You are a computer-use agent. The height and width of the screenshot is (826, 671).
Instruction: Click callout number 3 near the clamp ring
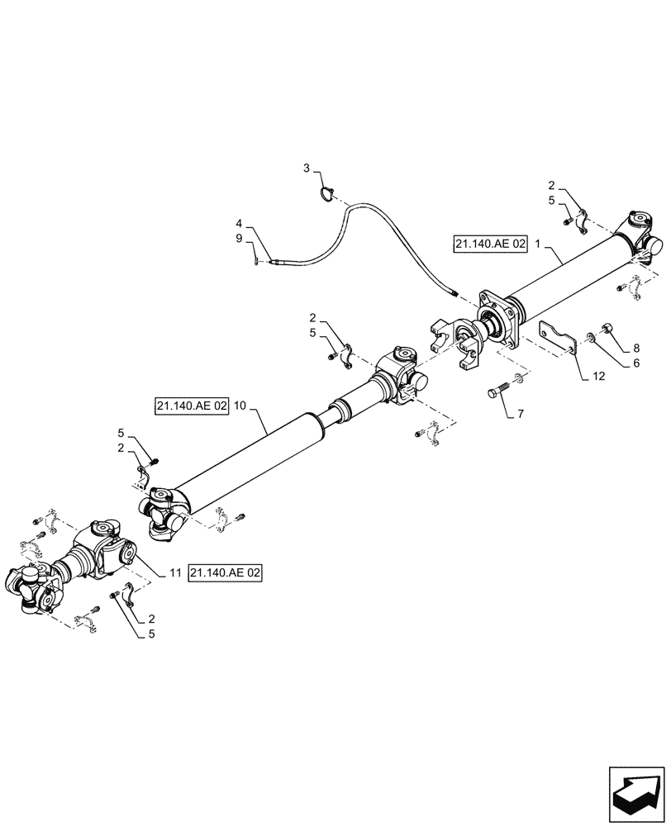pyautogui.click(x=306, y=169)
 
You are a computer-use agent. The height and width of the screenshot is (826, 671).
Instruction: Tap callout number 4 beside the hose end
pyautogui.click(x=239, y=223)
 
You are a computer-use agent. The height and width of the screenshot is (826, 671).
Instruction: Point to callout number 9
pyautogui.click(x=239, y=238)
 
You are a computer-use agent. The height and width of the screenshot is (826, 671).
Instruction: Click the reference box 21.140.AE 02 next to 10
pyautogui.click(x=191, y=406)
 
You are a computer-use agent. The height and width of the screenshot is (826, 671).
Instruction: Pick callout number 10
pyautogui.click(x=240, y=406)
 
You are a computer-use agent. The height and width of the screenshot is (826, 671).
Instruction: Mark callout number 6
pyautogui.click(x=635, y=362)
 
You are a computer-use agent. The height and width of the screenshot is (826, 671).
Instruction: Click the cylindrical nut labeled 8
pyautogui.click(x=607, y=331)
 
